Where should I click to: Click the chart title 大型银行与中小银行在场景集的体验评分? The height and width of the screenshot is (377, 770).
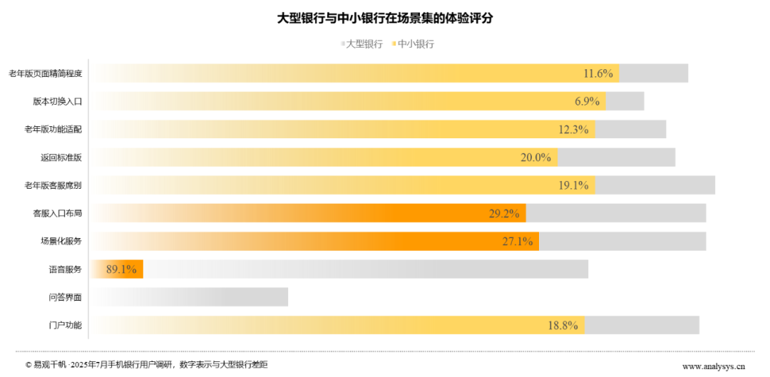click(384, 19)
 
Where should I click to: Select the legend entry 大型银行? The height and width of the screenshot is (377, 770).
click(364, 44)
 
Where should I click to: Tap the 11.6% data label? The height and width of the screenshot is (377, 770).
click(598, 73)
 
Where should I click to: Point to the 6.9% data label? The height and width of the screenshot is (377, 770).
click(587, 101)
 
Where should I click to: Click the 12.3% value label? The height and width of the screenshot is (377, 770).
click(573, 129)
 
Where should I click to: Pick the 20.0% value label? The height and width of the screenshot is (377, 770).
click(536, 157)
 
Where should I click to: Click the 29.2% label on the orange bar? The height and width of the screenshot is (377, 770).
click(504, 213)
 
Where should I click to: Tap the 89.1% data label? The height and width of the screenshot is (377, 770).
click(120, 269)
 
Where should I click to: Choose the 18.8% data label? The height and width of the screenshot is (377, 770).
click(563, 326)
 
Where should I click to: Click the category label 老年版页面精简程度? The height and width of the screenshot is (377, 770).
click(46, 73)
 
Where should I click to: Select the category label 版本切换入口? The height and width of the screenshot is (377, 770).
click(58, 101)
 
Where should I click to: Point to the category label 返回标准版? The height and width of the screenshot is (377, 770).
click(61, 157)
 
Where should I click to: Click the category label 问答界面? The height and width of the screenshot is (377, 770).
click(66, 297)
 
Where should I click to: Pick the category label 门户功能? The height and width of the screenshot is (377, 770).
click(66, 326)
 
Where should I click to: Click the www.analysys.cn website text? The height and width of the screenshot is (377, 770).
click(713, 366)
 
